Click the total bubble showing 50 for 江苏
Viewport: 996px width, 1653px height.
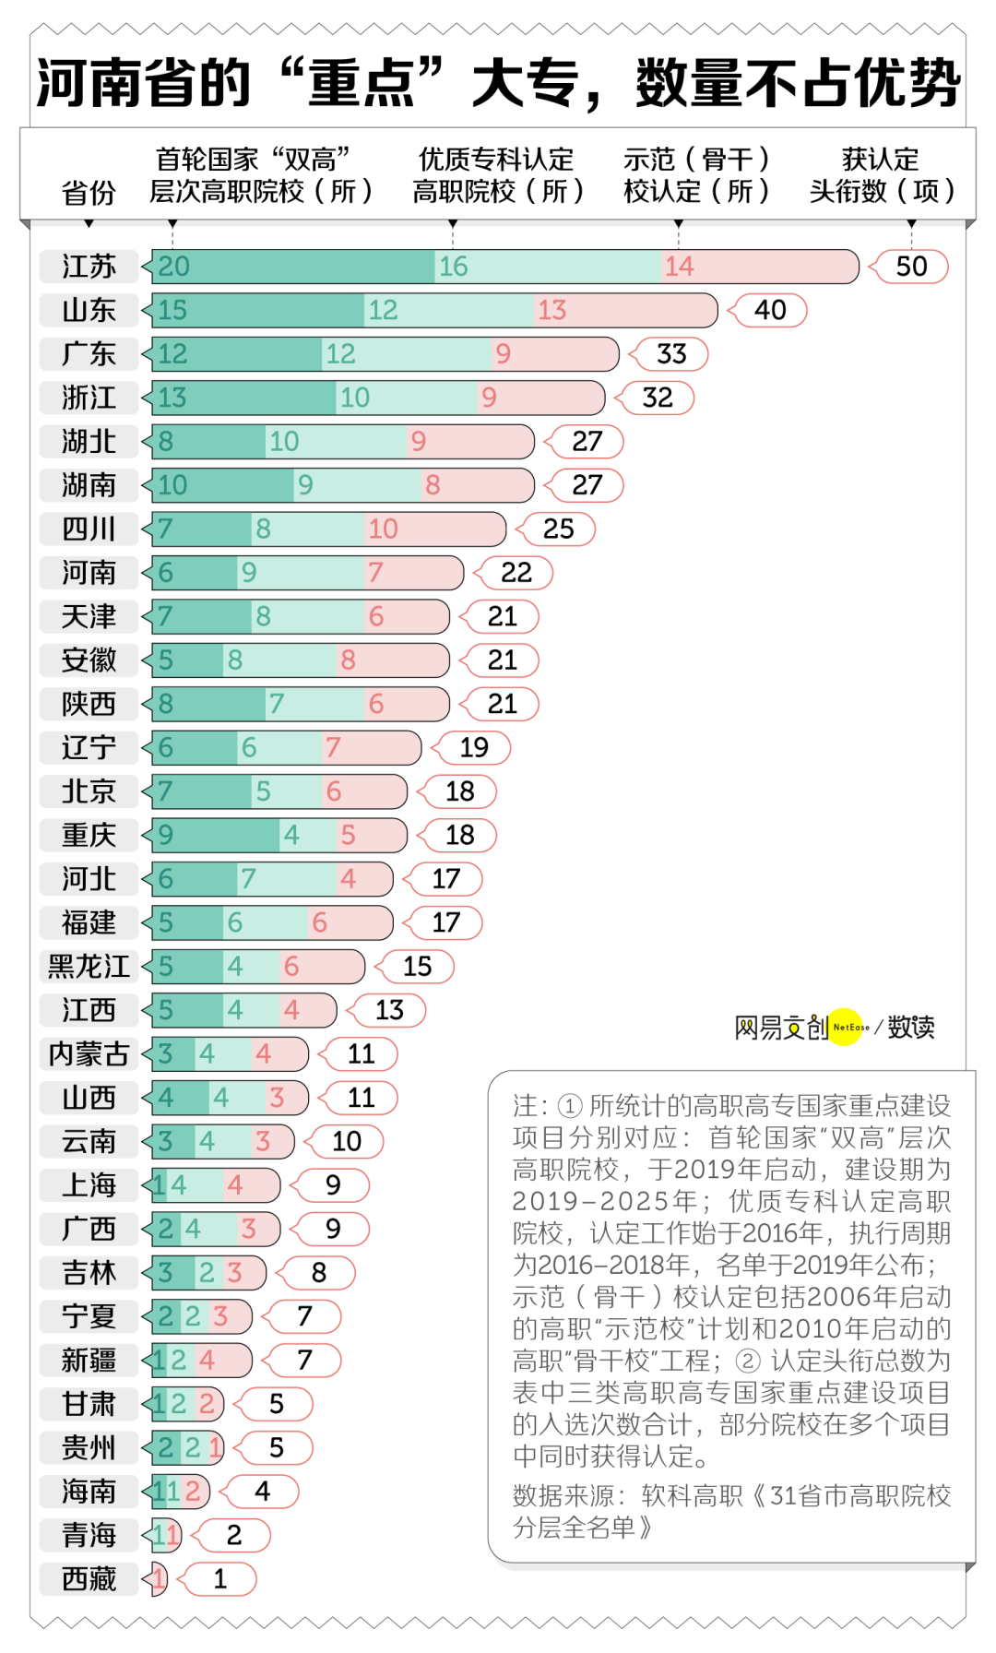coord(911,267)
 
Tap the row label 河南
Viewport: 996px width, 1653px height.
coord(89,573)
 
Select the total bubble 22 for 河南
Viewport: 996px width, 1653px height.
coord(516,573)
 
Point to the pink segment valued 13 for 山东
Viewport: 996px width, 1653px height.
coord(625,310)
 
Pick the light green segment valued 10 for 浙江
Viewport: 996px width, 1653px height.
coord(406,398)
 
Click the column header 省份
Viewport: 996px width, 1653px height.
coord(89,193)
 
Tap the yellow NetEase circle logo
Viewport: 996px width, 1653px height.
coord(846,1027)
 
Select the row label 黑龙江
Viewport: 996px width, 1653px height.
coord(89,967)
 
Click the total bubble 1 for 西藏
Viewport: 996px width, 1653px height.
coord(219,1579)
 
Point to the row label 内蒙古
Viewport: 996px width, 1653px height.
coord(89,1054)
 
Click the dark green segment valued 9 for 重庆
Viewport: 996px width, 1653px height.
coord(216,835)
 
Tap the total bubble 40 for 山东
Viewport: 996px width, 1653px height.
coord(770,310)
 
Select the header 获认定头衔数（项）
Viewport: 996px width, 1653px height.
coord(882,175)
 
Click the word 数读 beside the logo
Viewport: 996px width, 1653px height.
coord(911,1027)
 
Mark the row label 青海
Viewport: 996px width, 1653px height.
coord(89,1535)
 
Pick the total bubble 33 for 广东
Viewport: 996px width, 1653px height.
coord(671,354)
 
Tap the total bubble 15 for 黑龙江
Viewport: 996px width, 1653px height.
coord(417,967)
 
